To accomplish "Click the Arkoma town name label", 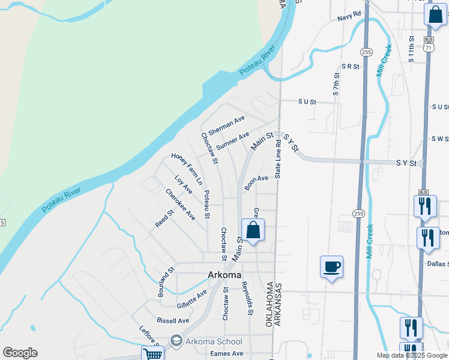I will (x=224, y=275).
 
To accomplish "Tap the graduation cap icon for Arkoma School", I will (x=176, y=341).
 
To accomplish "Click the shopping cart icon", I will (x=153, y=355).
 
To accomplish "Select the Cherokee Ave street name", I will (x=181, y=204).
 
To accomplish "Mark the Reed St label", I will (x=164, y=218).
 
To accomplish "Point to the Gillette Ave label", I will (x=191, y=297).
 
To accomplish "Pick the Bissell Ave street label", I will (x=172, y=320).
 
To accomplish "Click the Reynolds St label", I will (x=247, y=299).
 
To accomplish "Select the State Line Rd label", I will (x=278, y=160).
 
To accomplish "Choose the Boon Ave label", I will (x=256, y=182).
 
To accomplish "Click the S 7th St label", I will (x=336, y=85).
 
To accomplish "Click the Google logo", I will (x=20, y=353).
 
